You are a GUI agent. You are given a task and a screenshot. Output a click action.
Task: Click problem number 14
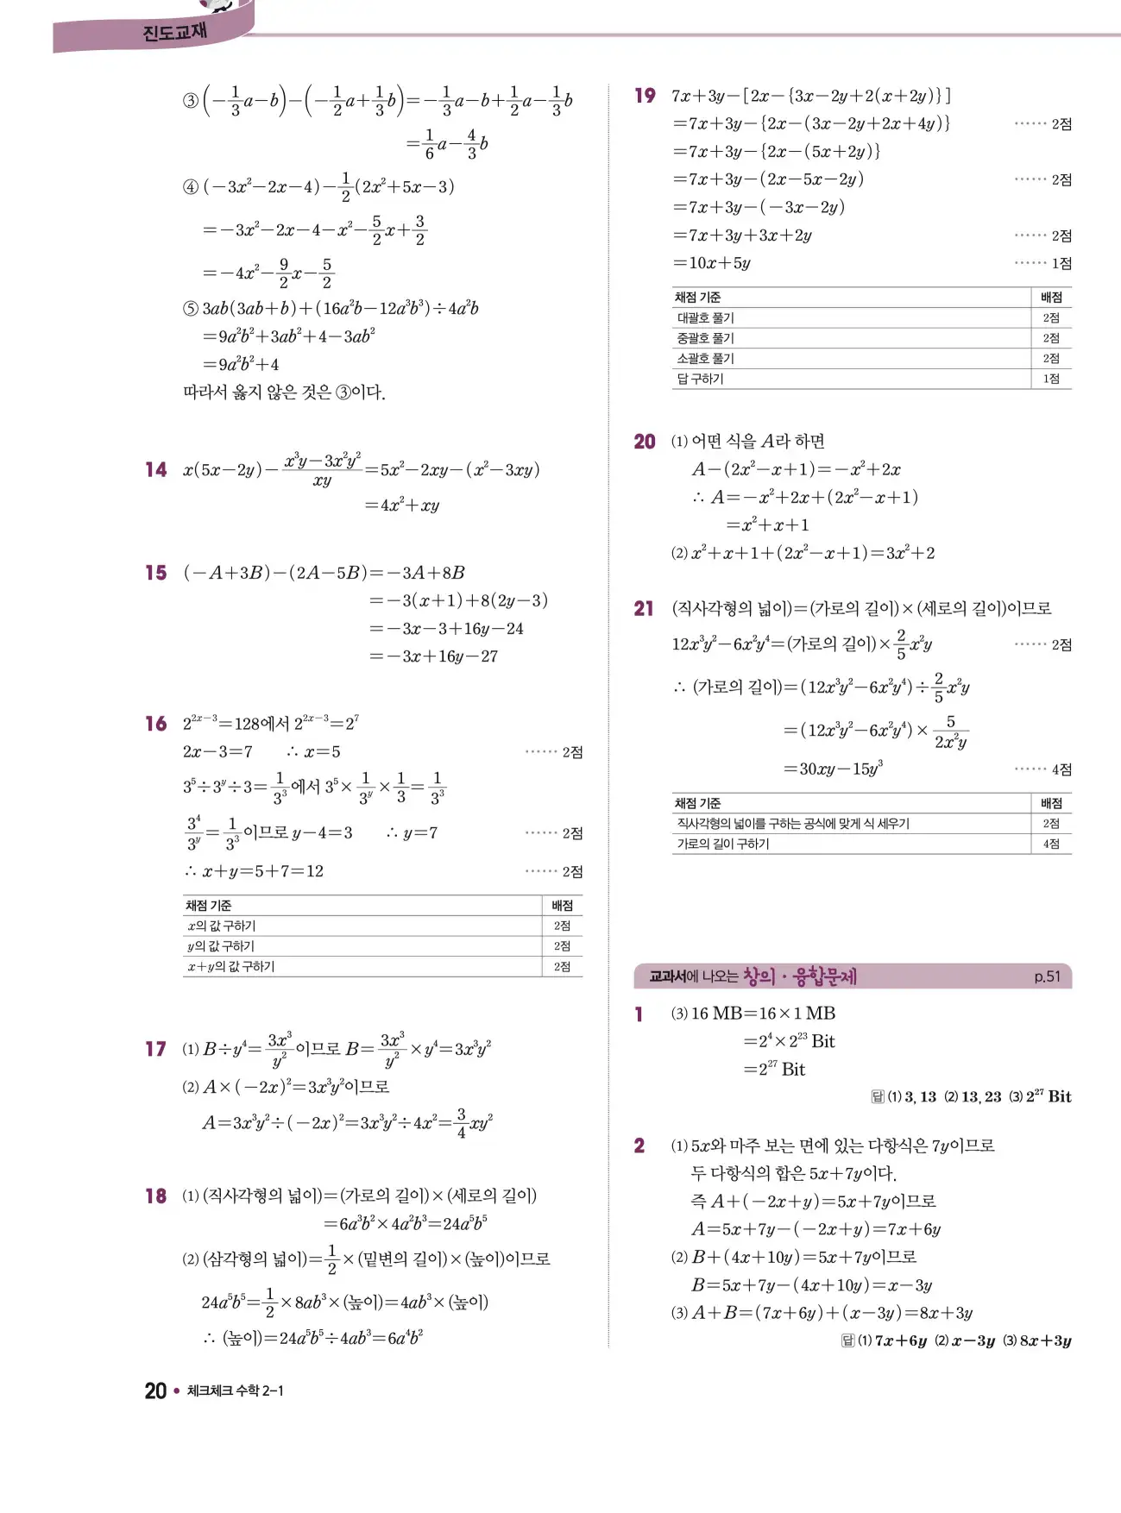coord(155,470)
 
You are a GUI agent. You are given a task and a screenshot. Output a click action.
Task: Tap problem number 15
coord(155,573)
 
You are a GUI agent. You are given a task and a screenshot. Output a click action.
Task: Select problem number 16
coord(155,724)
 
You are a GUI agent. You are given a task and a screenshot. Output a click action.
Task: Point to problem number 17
coord(155,1049)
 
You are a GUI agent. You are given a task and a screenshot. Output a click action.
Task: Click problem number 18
coord(155,1196)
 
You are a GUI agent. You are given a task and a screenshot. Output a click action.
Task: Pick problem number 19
coord(645,96)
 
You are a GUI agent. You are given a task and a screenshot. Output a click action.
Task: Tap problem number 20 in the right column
coord(645,442)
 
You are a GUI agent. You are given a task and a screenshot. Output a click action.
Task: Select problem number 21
coord(645,609)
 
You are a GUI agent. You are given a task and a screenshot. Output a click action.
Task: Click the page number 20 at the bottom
coord(155,1391)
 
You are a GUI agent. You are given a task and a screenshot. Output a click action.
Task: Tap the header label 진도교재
coord(174,33)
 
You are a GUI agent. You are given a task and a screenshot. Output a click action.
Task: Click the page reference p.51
coord(1047,976)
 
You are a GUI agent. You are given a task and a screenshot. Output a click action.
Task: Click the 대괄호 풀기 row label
coord(705,318)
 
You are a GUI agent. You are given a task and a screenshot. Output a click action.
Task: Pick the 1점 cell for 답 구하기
coord(1051,379)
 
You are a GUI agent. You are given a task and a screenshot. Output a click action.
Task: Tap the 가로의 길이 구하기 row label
coord(722,844)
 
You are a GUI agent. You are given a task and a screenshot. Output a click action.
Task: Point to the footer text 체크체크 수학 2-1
coord(235,1391)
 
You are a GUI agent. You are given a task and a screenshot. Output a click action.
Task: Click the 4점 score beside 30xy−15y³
coord(1061,769)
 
